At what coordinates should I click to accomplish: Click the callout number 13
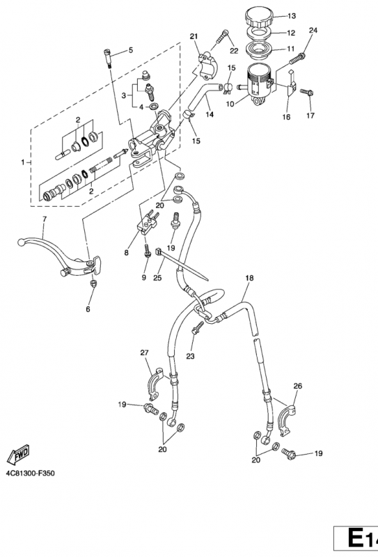[x=291, y=16]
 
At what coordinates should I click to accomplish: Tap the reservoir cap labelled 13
[x=260, y=17]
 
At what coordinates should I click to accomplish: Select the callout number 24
[x=313, y=31]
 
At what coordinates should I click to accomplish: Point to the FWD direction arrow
[x=18, y=455]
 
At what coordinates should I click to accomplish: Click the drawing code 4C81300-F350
[x=30, y=473]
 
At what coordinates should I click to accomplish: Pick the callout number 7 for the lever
[x=44, y=219]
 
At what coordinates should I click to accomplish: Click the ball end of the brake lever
[x=22, y=242]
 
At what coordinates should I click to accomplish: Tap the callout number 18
[x=249, y=278]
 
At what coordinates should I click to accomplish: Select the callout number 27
[x=144, y=353]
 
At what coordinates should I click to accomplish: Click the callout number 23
[x=191, y=356]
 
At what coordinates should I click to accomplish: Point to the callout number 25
[x=157, y=277]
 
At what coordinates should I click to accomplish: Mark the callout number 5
[x=131, y=50]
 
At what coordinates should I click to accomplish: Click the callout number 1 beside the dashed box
[x=23, y=162]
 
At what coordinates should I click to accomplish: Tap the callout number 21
[x=194, y=36]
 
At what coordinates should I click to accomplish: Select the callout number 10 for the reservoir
[x=230, y=104]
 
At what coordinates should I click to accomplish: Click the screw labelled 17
[x=306, y=93]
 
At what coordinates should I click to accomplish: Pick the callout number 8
[x=127, y=253]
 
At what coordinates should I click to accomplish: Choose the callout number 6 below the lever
[x=88, y=309]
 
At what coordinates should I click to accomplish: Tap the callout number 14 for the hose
[x=210, y=114]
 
